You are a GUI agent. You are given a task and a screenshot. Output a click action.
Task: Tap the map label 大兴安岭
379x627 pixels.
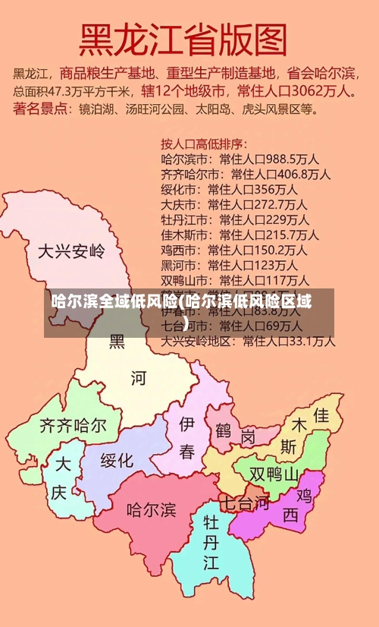pyautogui.click(x=71, y=250)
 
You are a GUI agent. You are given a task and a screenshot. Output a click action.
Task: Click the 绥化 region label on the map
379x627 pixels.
pyautogui.click(x=117, y=460)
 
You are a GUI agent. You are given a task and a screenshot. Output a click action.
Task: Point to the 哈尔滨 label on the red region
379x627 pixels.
pyautogui.click(x=151, y=508)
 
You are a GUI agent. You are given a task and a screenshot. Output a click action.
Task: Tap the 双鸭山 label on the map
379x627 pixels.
pyautogui.click(x=274, y=474)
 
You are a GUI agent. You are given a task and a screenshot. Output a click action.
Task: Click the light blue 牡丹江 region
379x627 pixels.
pyautogui.click(x=211, y=542)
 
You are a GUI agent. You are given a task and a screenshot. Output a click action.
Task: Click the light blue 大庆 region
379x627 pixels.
pyautogui.click(x=61, y=478)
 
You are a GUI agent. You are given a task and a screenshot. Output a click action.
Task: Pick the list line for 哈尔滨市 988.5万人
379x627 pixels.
pyautogui.click(x=240, y=159)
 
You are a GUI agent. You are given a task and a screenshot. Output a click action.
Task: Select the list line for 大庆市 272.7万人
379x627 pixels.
pyautogui.click(x=233, y=204)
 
